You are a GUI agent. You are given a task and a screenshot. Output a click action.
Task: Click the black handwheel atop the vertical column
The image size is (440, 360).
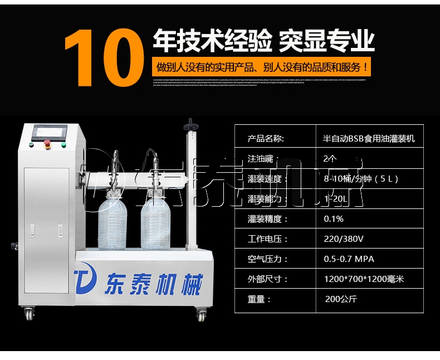pos(191,123)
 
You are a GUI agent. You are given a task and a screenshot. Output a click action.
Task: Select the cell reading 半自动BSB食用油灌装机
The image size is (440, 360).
pos(369,139)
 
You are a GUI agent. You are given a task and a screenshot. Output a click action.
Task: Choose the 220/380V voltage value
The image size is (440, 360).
pos(343,239)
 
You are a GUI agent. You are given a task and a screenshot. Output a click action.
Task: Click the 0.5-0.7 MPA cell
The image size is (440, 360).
pos(349,259)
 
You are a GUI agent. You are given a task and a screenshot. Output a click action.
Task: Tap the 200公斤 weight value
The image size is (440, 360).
pos(341,299)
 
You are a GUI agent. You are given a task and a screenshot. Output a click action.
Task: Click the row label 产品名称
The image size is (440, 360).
pos(266,139)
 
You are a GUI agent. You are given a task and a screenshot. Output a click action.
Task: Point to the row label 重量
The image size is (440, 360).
pos(260,299)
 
